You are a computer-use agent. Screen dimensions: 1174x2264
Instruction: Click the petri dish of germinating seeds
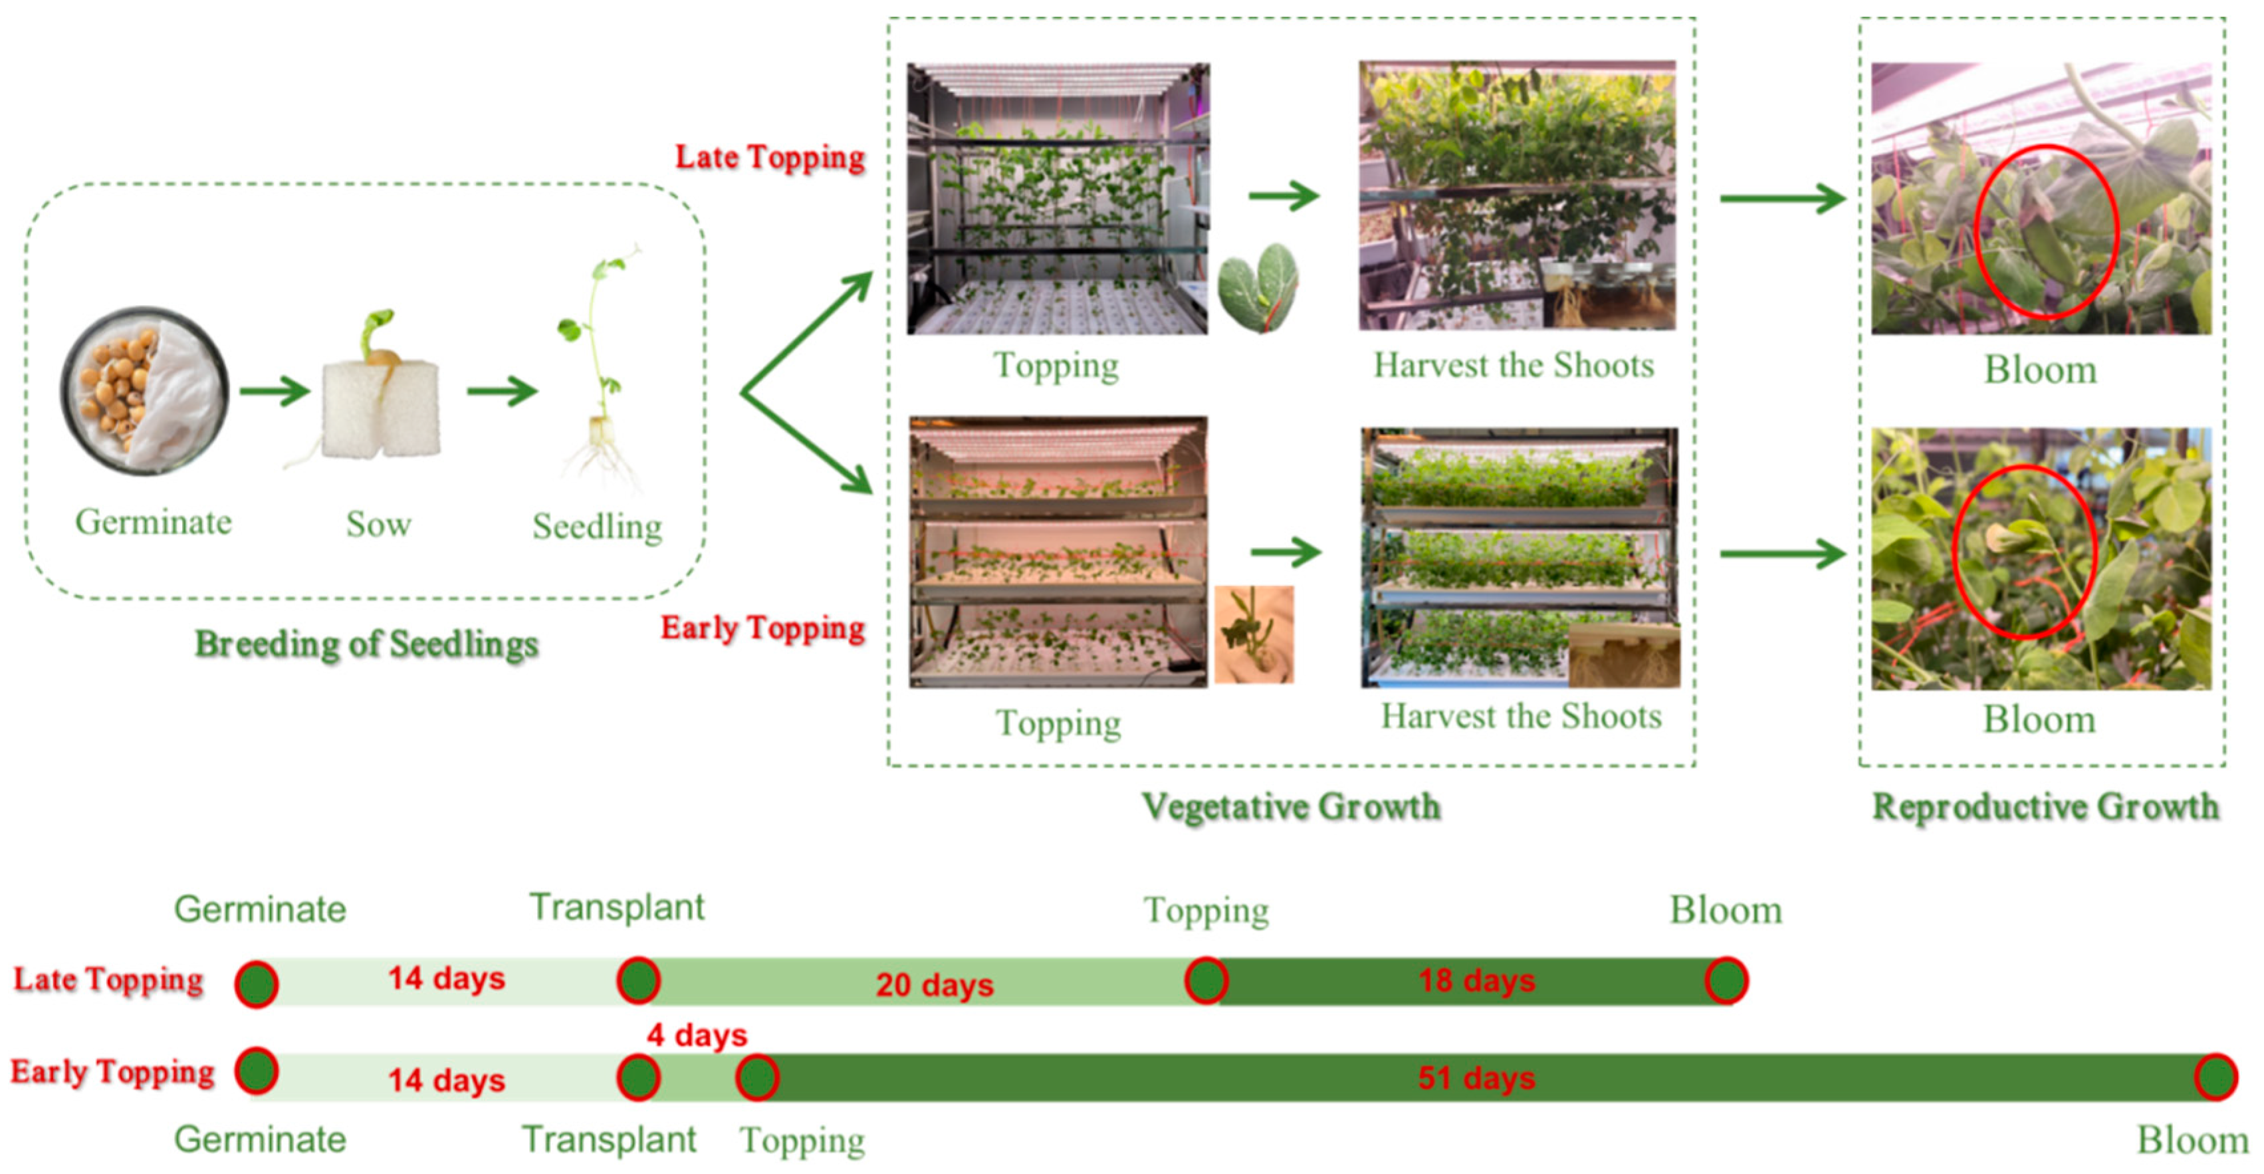pyautogui.click(x=144, y=391)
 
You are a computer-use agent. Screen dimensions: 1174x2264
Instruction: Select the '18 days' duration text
pyautogui.click(x=1476, y=981)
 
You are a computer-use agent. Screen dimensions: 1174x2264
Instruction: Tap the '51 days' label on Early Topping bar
pyautogui.click(x=1476, y=1078)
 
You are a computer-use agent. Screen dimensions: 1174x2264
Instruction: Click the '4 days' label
pyautogui.click(x=697, y=1035)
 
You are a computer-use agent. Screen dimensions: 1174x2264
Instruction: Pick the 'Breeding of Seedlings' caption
pyautogui.click(x=366, y=644)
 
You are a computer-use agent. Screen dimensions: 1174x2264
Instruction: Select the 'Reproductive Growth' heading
pyautogui.click(x=2045, y=806)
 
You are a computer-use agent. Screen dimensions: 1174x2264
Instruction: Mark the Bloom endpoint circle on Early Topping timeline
pyautogui.click(x=2215, y=1076)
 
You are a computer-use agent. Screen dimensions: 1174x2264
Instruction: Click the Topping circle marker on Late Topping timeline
pyautogui.click(x=1206, y=981)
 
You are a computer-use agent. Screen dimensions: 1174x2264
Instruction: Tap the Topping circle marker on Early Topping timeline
pyautogui.click(x=756, y=1078)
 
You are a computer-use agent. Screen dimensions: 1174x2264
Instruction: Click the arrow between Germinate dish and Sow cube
pyautogui.click(x=275, y=391)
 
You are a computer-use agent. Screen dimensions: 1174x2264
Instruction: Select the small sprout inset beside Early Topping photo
pyautogui.click(x=1254, y=634)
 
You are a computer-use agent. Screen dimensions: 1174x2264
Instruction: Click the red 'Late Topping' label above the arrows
pyautogui.click(x=770, y=158)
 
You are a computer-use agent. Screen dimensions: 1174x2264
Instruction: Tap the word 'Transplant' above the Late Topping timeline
pyautogui.click(x=617, y=907)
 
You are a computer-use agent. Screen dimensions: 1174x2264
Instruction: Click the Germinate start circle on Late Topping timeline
pyautogui.click(x=257, y=983)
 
